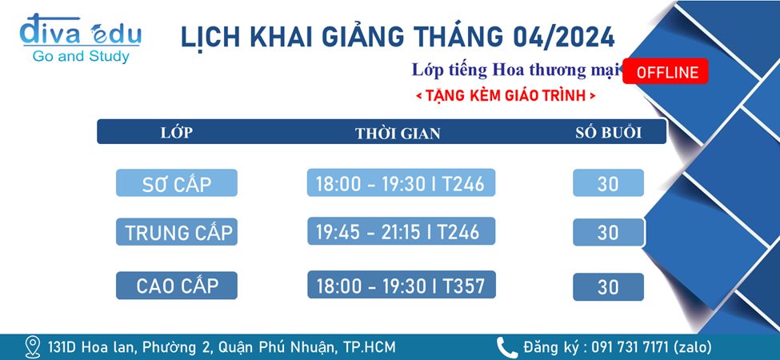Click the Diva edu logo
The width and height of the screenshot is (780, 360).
click(80, 38)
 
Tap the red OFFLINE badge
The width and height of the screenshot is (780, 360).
click(665, 72)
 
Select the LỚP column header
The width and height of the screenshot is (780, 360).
click(177, 133)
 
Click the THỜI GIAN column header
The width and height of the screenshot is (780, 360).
click(398, 134)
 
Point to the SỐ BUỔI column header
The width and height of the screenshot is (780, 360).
click(608, 133)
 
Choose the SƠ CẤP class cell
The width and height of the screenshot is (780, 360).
click(177, 183)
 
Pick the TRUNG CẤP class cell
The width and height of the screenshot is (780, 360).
click(177, 232)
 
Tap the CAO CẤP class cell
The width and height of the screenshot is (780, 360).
click(177, 286)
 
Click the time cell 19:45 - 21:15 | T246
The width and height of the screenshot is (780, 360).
click(402, 231)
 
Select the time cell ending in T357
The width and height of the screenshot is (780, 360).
click(402, 285)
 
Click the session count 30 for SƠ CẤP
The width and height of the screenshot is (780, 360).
click(608, 183)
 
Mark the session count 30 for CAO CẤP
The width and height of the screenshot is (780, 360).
click(608, 287)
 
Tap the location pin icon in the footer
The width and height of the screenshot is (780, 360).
click(33, 346)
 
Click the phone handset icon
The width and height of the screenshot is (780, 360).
click(507, 346)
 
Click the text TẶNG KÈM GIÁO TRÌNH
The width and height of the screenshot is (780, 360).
click(506, 96)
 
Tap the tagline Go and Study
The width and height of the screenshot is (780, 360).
click(81, 57)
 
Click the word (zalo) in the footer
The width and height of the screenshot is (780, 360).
click(692, 346)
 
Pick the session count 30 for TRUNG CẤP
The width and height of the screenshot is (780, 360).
click(608, 232)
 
